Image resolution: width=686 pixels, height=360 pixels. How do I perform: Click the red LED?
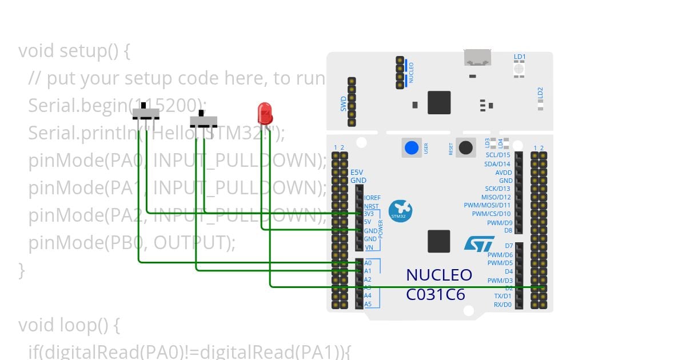[264, 113]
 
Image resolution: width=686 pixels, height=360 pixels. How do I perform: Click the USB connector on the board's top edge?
[478, 58]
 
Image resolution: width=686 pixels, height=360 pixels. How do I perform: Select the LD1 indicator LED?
[519, 69]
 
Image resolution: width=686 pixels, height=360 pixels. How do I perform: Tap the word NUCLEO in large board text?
[439, 275]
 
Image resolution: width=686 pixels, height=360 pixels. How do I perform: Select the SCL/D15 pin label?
[497, 155]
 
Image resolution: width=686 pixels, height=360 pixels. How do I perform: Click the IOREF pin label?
[372, 198]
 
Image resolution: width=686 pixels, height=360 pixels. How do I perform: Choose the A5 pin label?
[368, 304]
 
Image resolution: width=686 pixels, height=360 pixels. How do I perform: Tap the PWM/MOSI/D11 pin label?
[488, 205]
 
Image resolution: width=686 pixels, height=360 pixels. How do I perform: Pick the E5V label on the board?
[357, 172]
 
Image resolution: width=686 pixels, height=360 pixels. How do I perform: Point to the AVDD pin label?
[503, 172]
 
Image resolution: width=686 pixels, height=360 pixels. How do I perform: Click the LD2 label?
[540, 92]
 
